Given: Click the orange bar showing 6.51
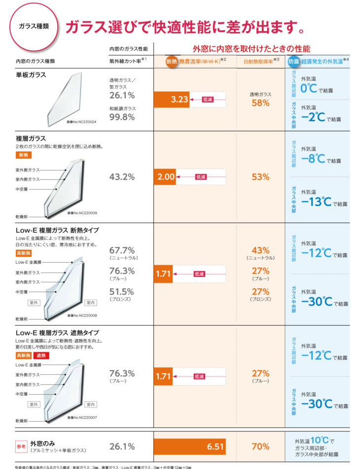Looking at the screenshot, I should click(x=190, y=446).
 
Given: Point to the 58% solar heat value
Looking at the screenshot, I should click(x=260, y=103).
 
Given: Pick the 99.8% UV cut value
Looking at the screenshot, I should click(x=122, y=117).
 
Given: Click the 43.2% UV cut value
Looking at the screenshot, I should click(x=122, y=177).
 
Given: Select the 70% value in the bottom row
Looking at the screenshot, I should click(x=260, y=446).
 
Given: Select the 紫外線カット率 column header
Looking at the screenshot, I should click(x=126, y=62).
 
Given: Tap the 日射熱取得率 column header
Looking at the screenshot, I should click(x=260, y=62).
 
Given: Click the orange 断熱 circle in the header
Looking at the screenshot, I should click(x=172, y=62).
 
